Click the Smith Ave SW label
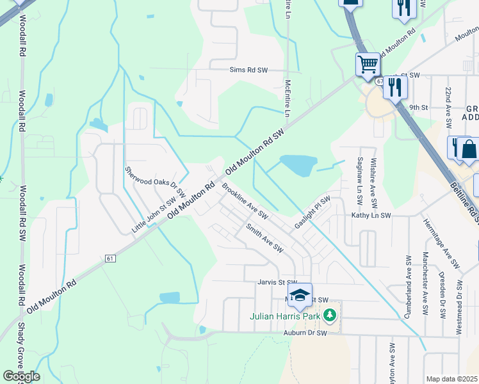(x=264, y=237)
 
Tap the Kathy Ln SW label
(x=371, y=216)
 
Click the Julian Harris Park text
(x=284, y=316)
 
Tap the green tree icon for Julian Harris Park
(x=330, y=315)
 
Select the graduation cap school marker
(x=299, y=295)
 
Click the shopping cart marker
(x=368, y=64)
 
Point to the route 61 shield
(x=110, y=258)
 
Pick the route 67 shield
(x=380, y=81)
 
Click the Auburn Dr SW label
(x=305, y=333)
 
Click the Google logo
(x=21, y=376)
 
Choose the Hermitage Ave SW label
(x=441, y=243)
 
